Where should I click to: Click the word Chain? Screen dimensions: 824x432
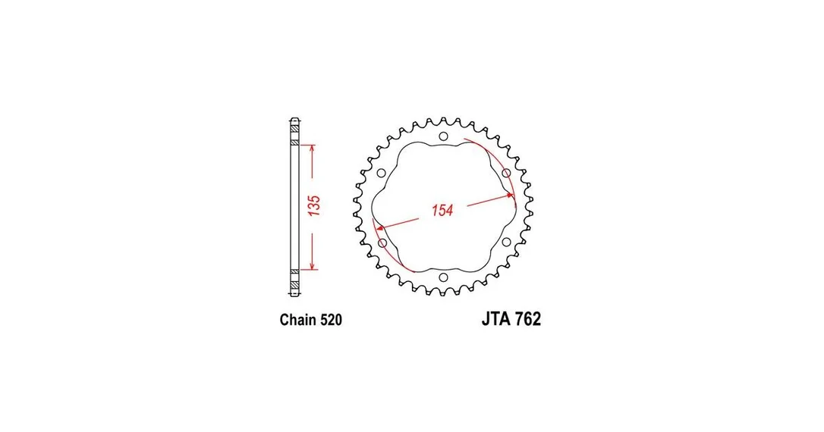(x=297, y=320)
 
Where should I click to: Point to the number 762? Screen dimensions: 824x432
(x=528, y=318)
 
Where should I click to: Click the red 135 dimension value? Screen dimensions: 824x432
(x=313, y=205)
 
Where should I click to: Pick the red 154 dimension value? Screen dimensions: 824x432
(x=442, y=210)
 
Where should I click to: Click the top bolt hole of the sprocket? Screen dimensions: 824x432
(x=444, y=137)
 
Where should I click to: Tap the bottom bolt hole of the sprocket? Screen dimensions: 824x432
(x=444, y=277)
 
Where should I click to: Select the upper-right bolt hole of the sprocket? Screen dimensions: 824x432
(x=506, y=173)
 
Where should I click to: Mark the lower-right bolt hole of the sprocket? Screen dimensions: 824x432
(x=506, y=242)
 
